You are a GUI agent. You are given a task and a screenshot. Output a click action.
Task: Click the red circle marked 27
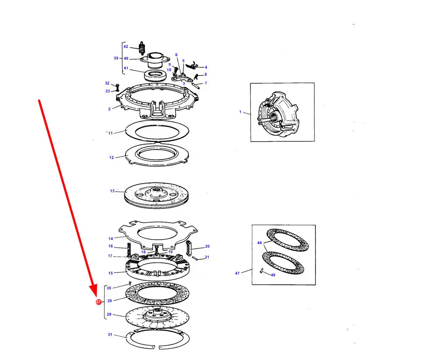coord(98,302)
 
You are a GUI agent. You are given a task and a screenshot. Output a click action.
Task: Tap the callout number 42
coord(126,47)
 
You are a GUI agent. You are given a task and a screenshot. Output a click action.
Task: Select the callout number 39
coord(116,58)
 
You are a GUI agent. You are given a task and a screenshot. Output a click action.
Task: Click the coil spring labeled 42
coord(141,48)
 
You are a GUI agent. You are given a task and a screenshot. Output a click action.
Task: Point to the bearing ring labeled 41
coord(154,75)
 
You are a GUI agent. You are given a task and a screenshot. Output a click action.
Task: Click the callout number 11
coord(110,133)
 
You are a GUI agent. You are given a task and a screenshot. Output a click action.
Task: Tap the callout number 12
coord(111,157)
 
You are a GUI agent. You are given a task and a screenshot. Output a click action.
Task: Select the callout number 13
coord(112,191)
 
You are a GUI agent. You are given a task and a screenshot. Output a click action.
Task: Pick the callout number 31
coord(110,334)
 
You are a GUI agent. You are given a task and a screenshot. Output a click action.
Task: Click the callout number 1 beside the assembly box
coord(240,112)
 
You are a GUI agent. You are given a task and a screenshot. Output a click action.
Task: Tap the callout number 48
coord(259,243)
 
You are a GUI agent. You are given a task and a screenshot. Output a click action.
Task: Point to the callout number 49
coord(273,275)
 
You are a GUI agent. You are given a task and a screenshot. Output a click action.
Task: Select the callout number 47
coord(237,273)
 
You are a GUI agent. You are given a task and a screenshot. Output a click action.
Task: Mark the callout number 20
coord(207,246)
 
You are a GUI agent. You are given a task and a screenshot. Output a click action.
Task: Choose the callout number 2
coord(110,109)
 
